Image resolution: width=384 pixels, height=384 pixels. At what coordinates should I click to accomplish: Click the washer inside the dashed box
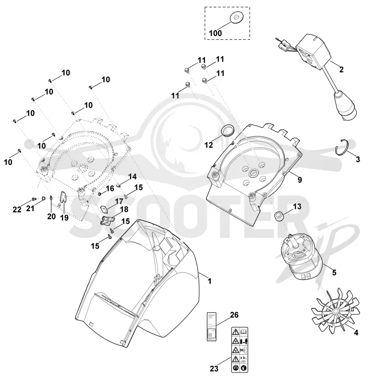(x=236, y=18)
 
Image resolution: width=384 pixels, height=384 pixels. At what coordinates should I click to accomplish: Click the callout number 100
(x=215, y=33)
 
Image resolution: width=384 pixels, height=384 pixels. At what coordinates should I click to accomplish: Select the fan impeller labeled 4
(x=336, y=311)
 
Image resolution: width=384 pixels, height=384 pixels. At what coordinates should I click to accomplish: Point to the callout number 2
(x=341, y=70)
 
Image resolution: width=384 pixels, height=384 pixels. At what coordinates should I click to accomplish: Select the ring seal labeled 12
(x=228, y=130)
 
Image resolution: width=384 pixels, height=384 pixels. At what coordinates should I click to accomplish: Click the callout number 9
(x=300, y=180)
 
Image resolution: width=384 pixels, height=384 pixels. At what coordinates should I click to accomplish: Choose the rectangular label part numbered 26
(x=212, y=326)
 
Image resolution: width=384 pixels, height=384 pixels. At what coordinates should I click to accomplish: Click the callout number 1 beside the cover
(x=209, y=281)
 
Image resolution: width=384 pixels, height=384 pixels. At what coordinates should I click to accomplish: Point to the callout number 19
(x=64, y=217)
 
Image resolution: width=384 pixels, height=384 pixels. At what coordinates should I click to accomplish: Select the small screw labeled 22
(x=34, y=199)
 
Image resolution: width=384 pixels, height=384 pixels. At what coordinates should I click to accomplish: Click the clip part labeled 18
(x=107, y=220)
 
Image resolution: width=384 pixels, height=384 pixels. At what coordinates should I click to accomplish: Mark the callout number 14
(x=132, y=177)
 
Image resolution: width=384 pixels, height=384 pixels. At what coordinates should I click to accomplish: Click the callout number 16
(x=110, y=188)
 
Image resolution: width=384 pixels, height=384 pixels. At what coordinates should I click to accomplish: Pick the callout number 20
(x=51, y=216)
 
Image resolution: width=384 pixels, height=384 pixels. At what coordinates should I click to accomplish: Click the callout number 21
(x=30, y=209)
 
